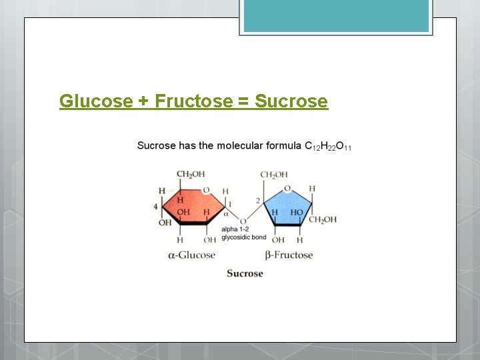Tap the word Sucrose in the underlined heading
[291, 101]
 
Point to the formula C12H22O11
[327, 146]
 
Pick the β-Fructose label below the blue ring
[288, 255]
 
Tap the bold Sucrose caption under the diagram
[245, 273]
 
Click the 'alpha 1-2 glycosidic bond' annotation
[243, 233]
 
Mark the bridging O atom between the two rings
[243, 221]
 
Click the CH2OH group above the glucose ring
[190, 175]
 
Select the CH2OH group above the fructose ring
[274, 175]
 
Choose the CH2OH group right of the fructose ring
[323, 219]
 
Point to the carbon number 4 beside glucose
[156, 207]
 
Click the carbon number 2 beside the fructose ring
[257, 201]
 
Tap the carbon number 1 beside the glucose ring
[230, 203]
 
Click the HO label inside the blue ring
[297, 212]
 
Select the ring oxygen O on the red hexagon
[206, 190]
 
